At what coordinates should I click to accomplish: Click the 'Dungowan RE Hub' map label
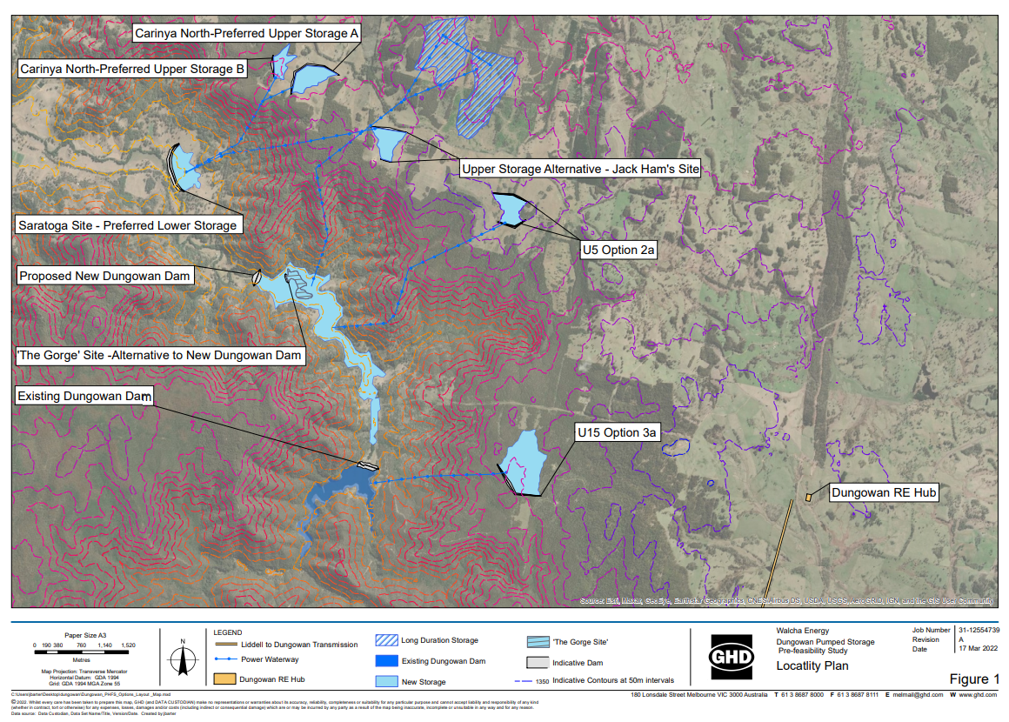pos(884,492)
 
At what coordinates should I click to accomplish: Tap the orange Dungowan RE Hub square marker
pos(808,497)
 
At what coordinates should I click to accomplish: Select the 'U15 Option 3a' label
pos(618,432)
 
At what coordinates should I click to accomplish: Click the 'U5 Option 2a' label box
pos(618,250)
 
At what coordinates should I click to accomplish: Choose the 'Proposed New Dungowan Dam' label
pos(104,276)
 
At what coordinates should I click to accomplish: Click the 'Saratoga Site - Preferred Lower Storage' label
pos(127,225)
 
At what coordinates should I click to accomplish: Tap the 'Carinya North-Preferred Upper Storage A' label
pos(246,34)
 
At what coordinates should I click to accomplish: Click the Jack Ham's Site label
pos(580,169)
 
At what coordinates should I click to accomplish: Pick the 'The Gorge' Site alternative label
pos(160,356)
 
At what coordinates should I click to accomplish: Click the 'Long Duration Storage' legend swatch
pos(386,640)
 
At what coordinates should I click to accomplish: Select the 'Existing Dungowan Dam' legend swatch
pos(386,661)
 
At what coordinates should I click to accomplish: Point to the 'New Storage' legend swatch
pos(386,681)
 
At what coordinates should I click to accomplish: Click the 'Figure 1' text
pos(974,679)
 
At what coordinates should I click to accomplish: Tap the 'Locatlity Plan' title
pos(812,666)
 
